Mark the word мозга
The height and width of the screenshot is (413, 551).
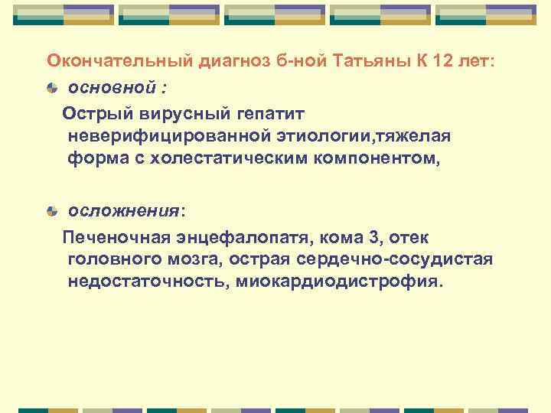tap(194, 259)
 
